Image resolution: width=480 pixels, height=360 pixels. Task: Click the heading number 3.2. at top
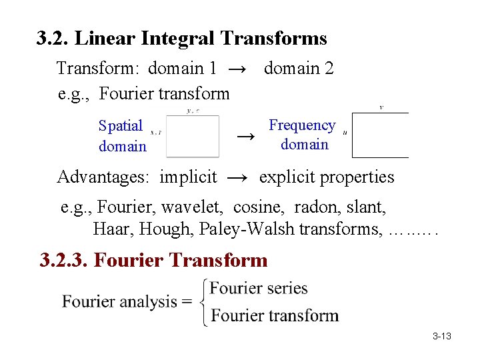click(53, 39)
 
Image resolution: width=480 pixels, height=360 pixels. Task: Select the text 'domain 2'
click(299, 68)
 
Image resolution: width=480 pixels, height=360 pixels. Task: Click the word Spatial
click(121, 125)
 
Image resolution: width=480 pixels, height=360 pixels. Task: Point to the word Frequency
click(302, 125)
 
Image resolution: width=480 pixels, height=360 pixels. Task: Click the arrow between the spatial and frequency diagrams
click(246, 137)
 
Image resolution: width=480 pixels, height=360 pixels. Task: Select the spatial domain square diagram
click(193, 136)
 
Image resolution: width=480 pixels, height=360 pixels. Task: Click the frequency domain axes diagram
click(380, 135)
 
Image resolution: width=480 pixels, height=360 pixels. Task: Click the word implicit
click(188, 177)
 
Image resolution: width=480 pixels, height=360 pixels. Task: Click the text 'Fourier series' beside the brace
click(259, 289)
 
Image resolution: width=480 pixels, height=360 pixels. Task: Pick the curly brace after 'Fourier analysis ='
click(204, 302)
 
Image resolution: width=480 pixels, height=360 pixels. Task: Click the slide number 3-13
click(441, 336)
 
